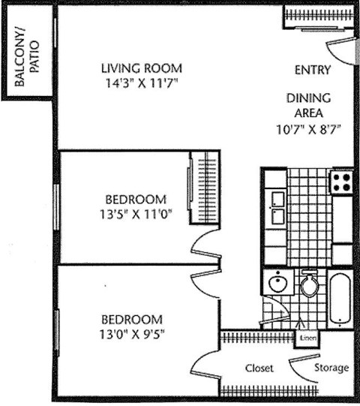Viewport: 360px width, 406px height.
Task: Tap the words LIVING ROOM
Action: (x=142, y=69)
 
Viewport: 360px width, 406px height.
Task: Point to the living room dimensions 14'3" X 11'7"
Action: (x=142, y=83)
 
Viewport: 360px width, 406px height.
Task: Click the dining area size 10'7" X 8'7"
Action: (x=308, y=128)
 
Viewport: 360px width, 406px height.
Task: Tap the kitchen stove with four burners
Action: (x=342, y=182)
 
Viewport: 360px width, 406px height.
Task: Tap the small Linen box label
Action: (x=307, y=338)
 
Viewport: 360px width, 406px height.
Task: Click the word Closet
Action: (x=259, y=368)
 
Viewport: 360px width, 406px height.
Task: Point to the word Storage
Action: (x=331, y=368)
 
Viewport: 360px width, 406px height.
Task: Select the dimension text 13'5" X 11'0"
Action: (x=135, y=213)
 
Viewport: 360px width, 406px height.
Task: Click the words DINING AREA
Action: (x=308, y=106)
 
